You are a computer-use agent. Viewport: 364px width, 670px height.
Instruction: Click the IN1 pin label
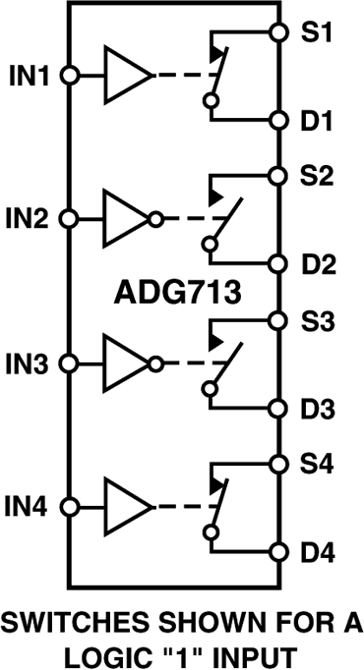pos(30,75)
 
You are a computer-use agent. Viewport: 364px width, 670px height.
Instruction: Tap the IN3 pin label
pos(30,363)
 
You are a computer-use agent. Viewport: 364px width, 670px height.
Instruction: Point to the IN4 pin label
pos(30,508)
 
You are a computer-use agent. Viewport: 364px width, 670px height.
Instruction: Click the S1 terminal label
pos(317,32)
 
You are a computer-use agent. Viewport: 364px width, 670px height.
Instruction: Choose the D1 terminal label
pos(317,123)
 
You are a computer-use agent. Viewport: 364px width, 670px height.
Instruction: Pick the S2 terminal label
pos(317,177)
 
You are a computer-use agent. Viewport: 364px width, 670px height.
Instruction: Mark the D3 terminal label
pos(317,408)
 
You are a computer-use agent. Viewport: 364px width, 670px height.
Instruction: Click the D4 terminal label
pos(317,553)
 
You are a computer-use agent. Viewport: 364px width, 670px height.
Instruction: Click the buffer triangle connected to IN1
pos(125,76)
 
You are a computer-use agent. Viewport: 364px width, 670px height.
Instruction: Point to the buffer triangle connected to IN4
pos(125,508)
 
